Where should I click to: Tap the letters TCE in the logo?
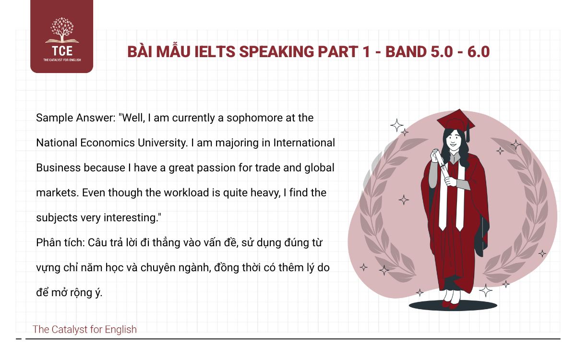point(61,51)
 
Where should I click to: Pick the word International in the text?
point(304,143)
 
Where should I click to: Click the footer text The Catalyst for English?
point(84,329)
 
